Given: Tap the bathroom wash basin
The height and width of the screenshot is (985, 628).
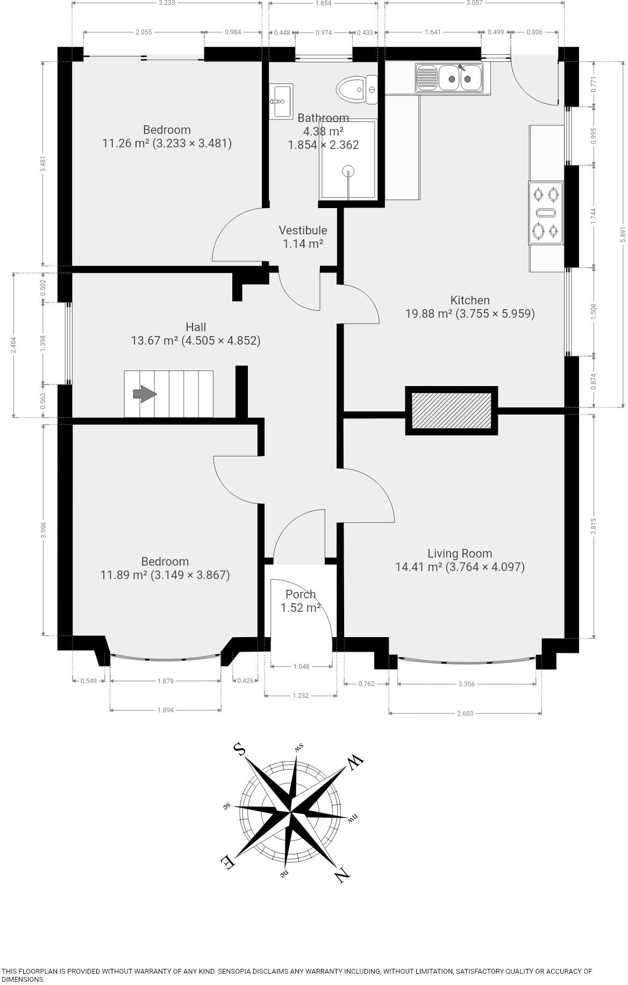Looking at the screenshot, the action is pos(281,100).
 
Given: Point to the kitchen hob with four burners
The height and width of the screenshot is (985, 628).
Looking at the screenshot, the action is pos(546,212).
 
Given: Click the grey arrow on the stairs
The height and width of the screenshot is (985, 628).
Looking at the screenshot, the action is pos(145,394).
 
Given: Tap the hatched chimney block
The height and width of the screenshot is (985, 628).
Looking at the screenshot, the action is pos(452,410).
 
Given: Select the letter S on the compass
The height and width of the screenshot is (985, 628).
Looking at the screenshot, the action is pos(239,749).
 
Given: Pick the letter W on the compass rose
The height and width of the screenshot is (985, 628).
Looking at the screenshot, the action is pos(355,761).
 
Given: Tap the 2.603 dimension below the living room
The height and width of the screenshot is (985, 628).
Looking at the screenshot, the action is pos(465,713).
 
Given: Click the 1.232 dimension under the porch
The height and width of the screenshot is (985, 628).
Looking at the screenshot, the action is pos(301,696).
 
